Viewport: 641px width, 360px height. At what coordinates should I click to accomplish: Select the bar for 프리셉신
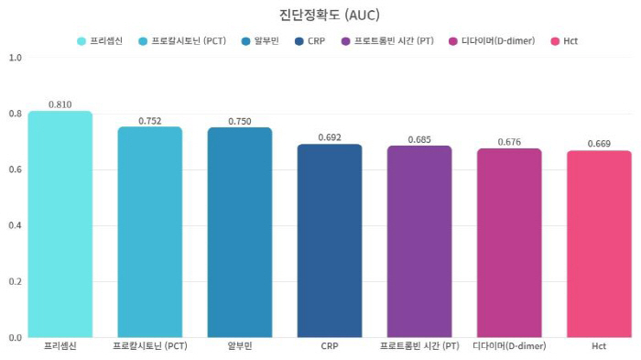pyautogui.click(x=60, y=224)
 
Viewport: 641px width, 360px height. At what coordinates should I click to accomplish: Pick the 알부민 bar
pyautogui.click(x=239, y=233)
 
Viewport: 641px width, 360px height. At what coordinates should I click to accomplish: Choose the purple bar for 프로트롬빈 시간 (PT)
pyautogui.click(x=418, y=242)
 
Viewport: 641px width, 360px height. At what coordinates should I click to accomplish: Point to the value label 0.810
pyautogui.click(x=60, y=104)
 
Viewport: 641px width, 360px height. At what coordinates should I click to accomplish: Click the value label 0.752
pyautogui.click(x=149, y=120)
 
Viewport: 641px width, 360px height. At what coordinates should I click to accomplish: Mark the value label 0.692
pyautogui.click(x=329, y=137)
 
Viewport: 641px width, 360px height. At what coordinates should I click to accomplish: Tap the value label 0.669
pyautogui.click(x=598, y=144)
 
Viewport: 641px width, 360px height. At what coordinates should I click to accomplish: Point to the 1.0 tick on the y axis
pyautogui.click(x=15, y=58)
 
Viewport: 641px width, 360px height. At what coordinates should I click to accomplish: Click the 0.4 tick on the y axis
pyautogui.click(x=15, y=225)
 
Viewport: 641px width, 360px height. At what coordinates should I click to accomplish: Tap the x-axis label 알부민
pyautogui.click(x=239, y=347)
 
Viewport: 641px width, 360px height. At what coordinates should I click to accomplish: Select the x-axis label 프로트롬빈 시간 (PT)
pyautogui.click(x=418, y=347)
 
